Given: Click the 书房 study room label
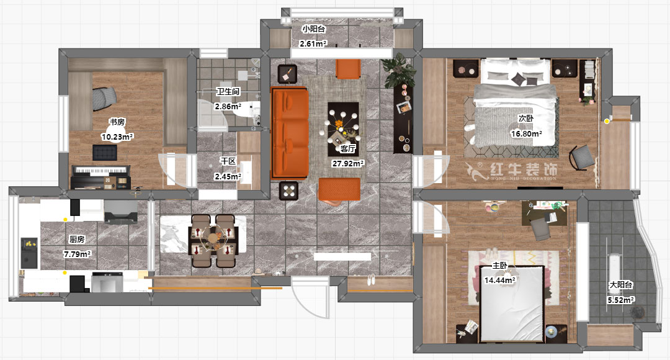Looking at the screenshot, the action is click(117, 122).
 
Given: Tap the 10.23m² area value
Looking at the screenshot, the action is click(117, 137).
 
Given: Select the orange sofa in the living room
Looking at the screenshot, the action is click(289, 133).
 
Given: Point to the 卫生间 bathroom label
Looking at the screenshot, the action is click(228, 91).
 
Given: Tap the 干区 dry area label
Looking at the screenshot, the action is click(228, 161).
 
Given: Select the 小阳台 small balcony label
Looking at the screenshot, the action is click(314, 29).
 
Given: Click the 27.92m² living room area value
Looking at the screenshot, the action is click(348, 163).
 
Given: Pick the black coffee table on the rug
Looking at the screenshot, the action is click(343, 129).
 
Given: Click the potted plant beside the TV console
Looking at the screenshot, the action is click(399, 70).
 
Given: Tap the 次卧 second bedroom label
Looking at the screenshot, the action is click(526, 119).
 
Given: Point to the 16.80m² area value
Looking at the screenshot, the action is click(526, 134).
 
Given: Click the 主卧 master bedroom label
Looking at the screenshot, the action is click(499, 266).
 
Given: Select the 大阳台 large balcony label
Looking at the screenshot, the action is click(621, 285).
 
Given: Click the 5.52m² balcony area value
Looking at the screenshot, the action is click(621, 300).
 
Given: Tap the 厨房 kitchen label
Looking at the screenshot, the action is click(77, 240).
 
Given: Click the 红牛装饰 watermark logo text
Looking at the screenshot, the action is click(524, 169).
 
